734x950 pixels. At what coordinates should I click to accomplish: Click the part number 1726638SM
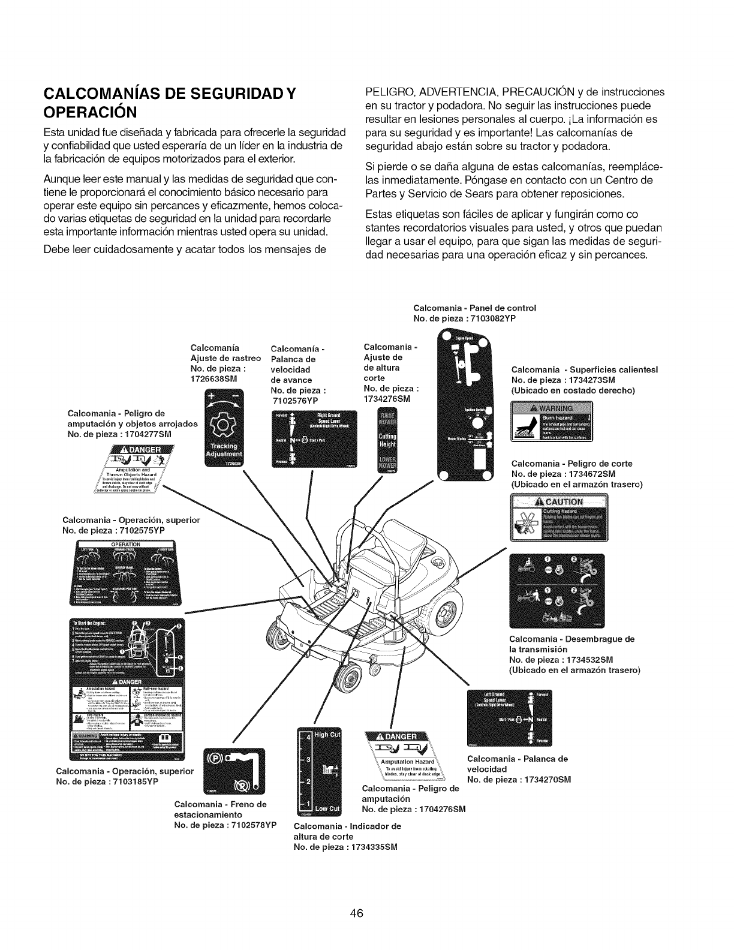[214, 380]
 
